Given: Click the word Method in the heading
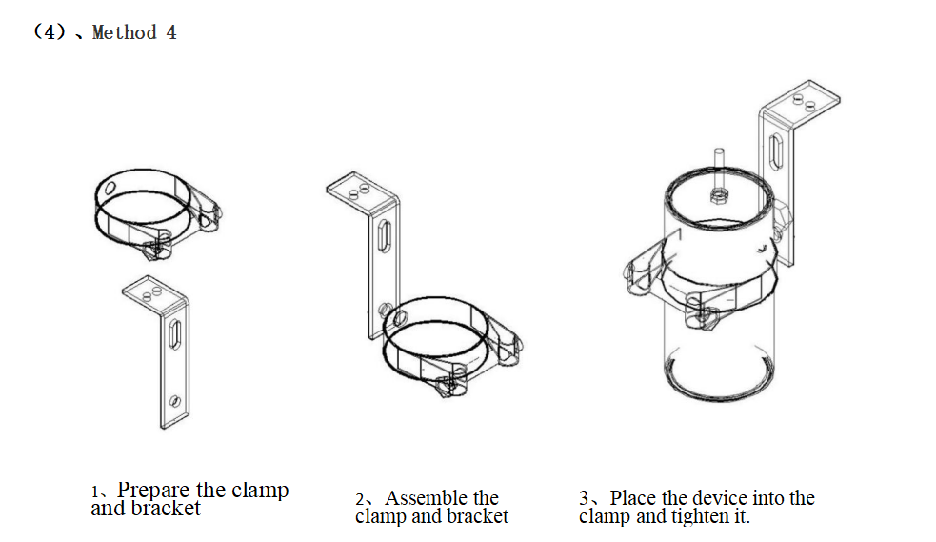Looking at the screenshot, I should pos(124,33).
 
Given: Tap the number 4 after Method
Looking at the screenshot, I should pos(170,33).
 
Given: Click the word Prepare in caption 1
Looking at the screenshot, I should pos(154,491).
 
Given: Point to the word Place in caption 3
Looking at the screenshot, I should pos(632,498).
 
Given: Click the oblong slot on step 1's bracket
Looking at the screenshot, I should pos(175,336).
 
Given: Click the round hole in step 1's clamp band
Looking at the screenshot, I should pos(111,188).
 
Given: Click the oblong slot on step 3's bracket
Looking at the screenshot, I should pos(777,151).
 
